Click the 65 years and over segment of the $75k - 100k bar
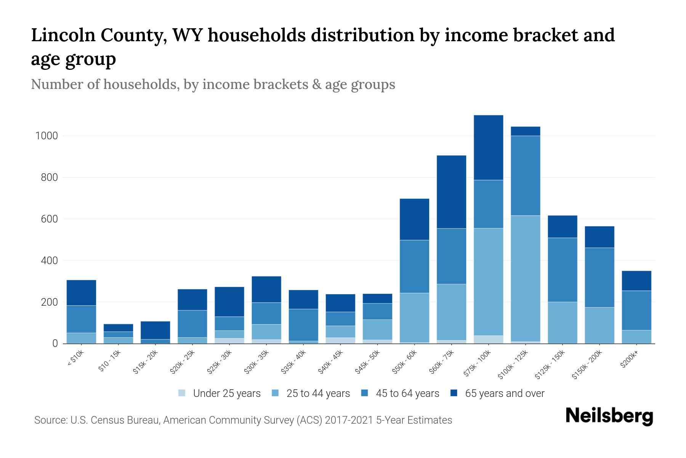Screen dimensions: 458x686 [488, 147]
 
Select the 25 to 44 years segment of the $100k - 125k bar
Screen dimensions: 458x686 [525, 278]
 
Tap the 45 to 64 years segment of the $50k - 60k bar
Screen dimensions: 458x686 [414, 266]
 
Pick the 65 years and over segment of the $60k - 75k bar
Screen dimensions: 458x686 [451, 192]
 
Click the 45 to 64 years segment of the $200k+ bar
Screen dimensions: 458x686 [636, 310]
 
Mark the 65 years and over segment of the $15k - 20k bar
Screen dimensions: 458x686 [155, 330]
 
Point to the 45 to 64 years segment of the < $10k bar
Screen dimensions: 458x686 [81, 319]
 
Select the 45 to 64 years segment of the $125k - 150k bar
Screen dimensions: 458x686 [562, 270]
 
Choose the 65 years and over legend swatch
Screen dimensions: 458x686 [454, 393]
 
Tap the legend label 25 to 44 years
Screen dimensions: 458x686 [318, 393]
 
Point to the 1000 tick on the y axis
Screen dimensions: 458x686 [46, 136]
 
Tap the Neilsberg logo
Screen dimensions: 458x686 [609, 416]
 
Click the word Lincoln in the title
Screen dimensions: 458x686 [63, 35]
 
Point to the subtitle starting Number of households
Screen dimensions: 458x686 [213, 84]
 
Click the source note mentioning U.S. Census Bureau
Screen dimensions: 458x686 [243, 420]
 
